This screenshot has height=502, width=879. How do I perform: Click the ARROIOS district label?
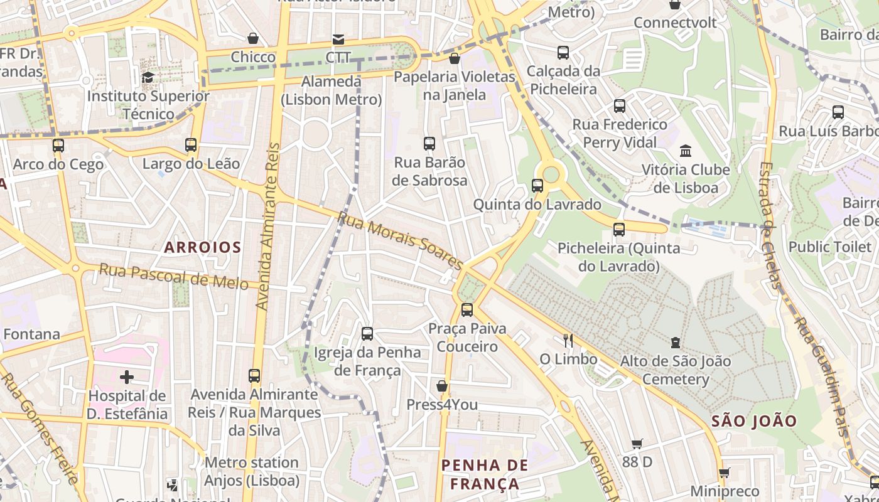pos(202,247)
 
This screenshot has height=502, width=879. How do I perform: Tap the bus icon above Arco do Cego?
pos(58,146)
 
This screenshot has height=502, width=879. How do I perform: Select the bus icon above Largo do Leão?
pos(191,145)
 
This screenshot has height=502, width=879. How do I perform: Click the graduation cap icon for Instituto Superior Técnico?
pos(148,77)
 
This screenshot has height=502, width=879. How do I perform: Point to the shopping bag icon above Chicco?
pos(253,38)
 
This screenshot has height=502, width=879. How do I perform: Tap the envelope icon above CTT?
pos(338,40)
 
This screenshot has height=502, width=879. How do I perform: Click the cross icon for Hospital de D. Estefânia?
pos(127,376)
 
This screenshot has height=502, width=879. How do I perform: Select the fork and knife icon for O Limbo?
pos(568,340)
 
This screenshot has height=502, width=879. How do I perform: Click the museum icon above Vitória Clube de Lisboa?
pos(686,151)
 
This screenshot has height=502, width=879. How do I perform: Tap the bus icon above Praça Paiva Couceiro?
pos(466,309)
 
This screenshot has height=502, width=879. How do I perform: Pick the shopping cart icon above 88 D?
pos(637,444)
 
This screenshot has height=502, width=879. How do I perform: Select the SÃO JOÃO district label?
pos(754,421)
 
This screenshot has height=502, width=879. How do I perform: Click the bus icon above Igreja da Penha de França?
pos(367,333)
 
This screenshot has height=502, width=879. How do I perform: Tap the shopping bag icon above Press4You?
pos(442,385)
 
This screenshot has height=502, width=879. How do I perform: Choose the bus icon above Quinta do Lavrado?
pos(537,185)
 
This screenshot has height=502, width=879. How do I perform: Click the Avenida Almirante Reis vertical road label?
pos(268,226)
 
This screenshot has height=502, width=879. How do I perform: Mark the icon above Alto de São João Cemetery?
pos(676,342)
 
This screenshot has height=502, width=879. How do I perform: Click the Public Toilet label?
pos(830,247)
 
